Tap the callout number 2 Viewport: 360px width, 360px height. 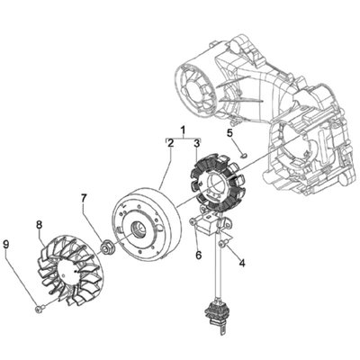click(x=169, y=142)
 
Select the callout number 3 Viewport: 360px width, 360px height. click(x=196, y=142)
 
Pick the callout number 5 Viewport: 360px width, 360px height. click(x=229, y=134)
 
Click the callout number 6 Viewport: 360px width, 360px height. click(x=198, y=254)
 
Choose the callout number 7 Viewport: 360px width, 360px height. click(x=84, y=197)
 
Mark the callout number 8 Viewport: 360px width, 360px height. click(x=40, y=224)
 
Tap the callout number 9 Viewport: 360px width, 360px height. click(x=7, y=243)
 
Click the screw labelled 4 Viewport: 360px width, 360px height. click(x=226, y=245)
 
